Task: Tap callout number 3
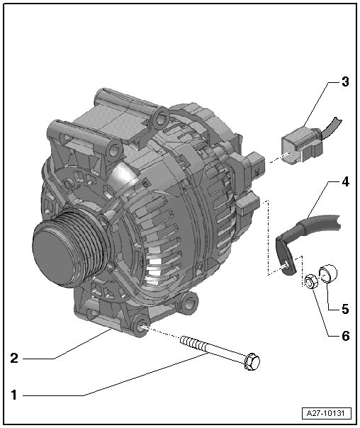[x=344, y=81]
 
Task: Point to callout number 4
[x=344, y=181]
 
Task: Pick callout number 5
[x=344, y=308]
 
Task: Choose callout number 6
[x=344, y=336]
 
